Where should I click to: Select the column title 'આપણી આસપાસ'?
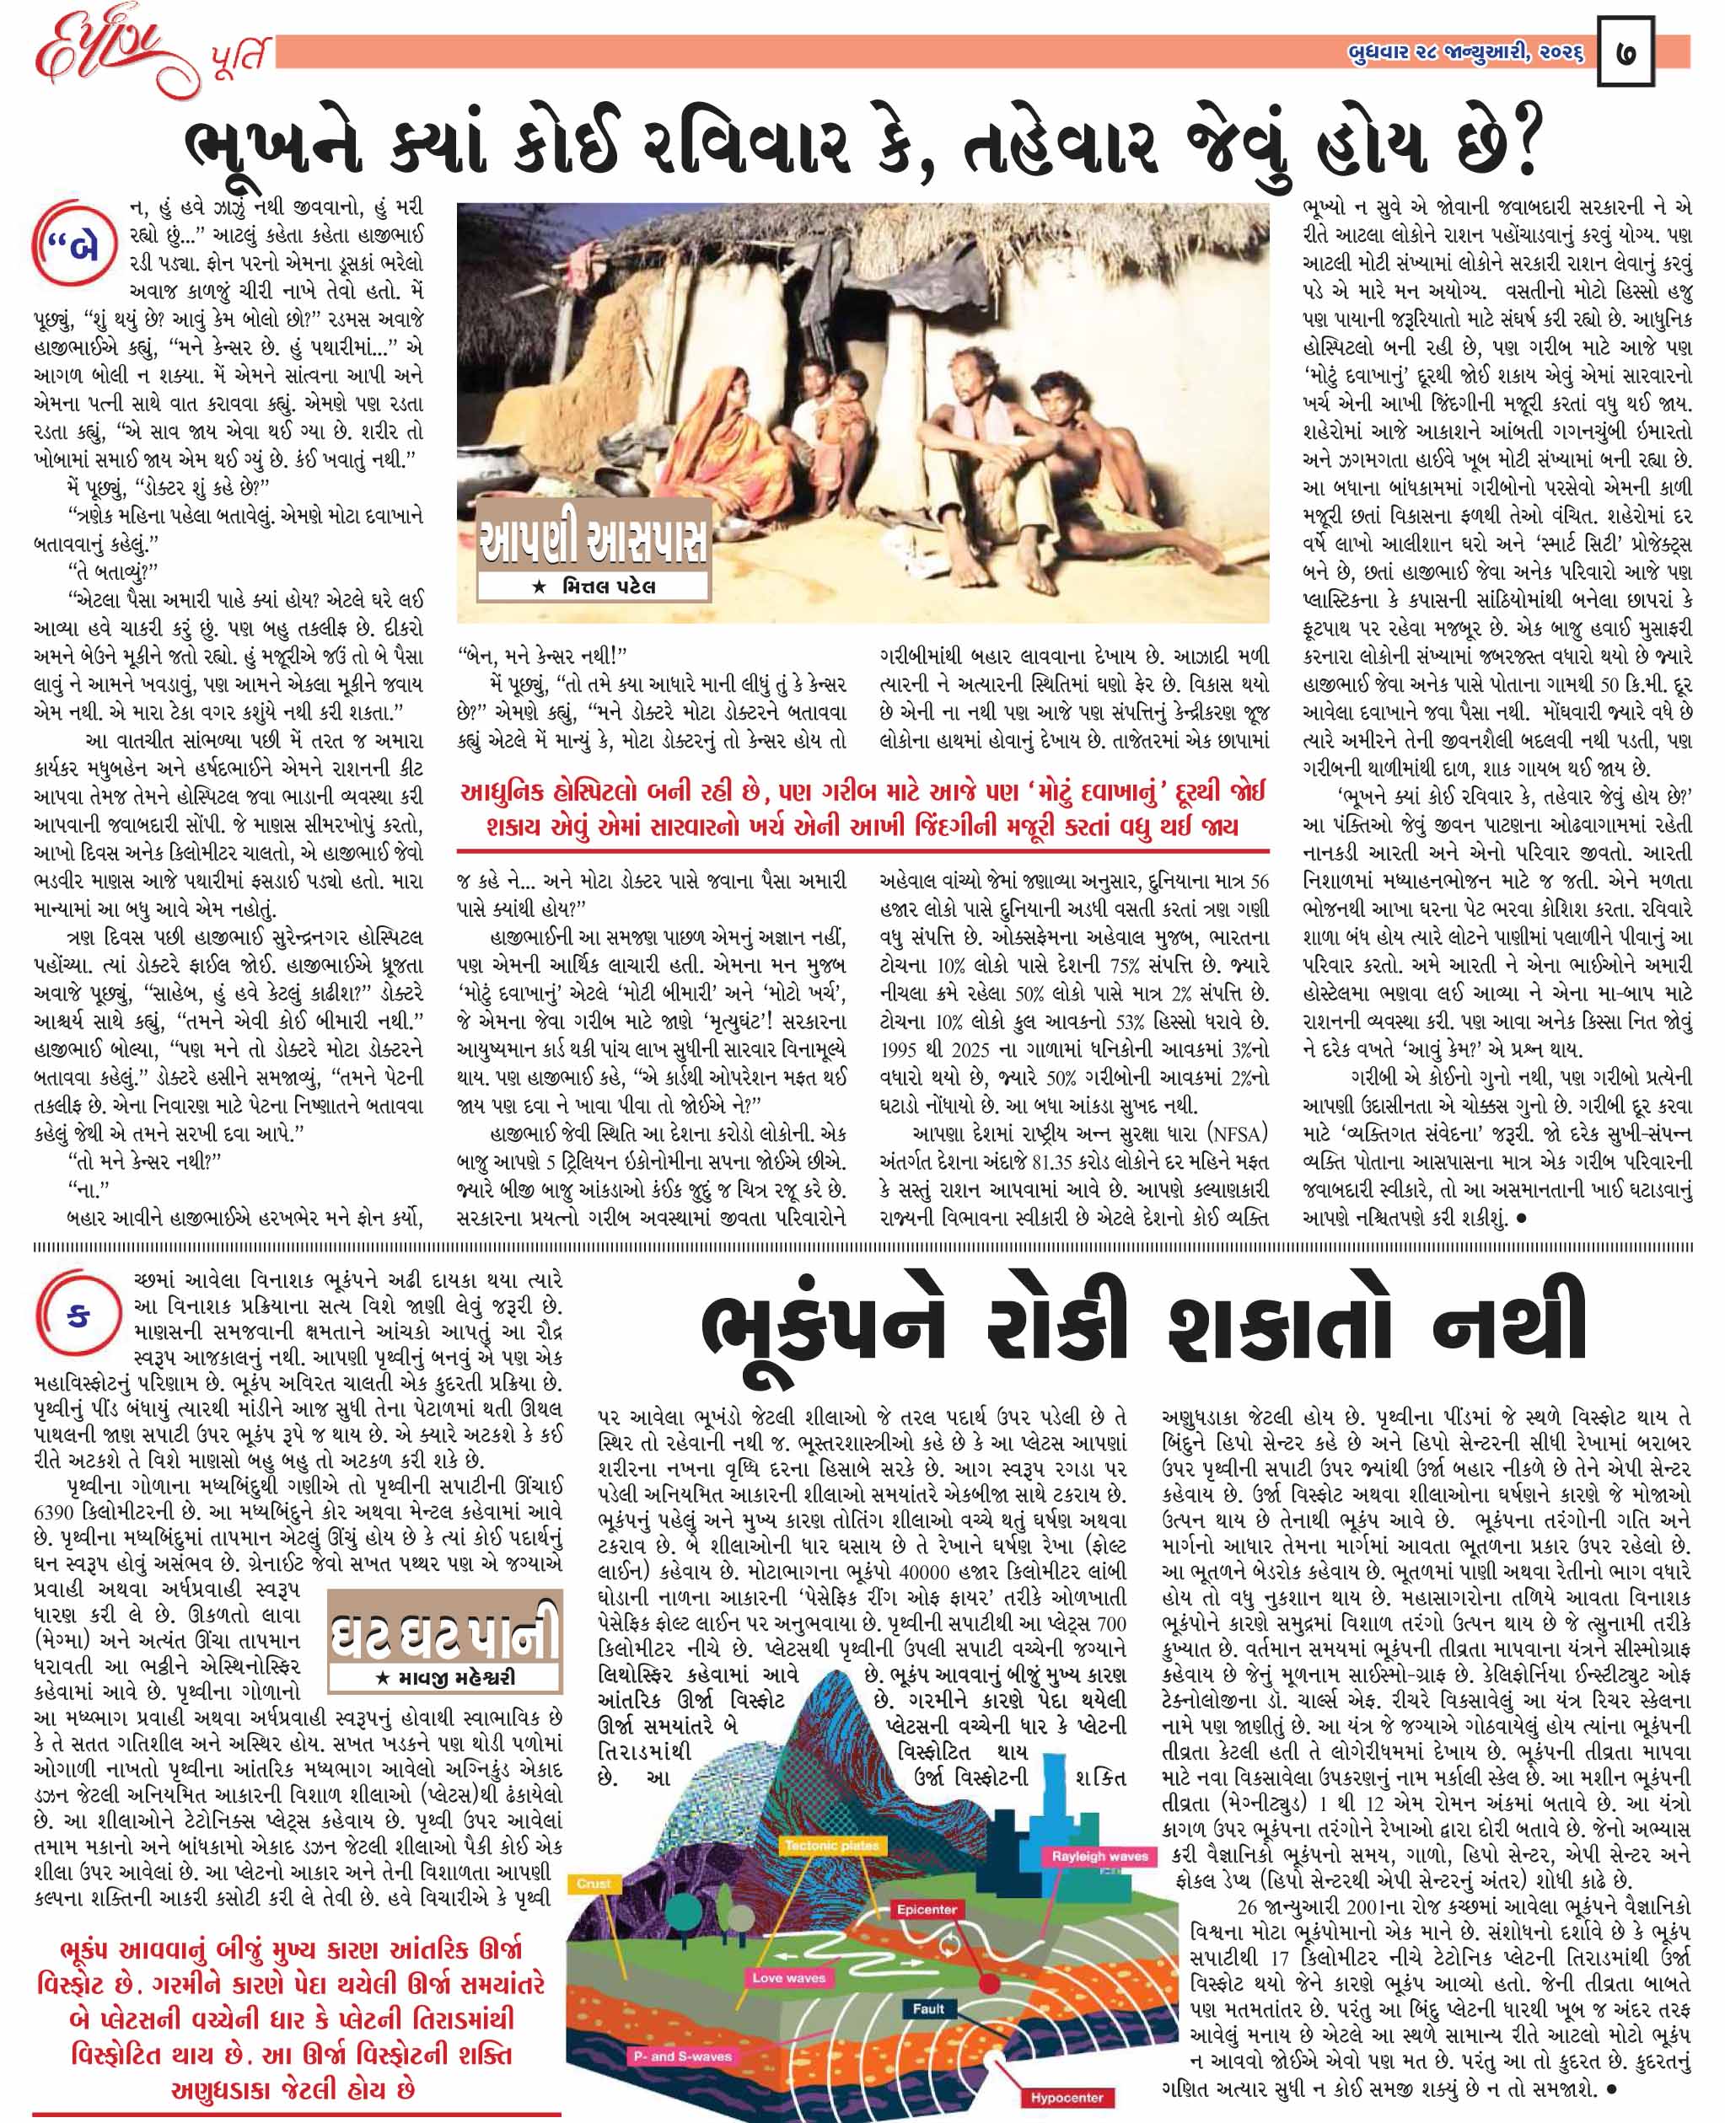[594, 544]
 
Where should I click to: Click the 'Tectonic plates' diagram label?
[831, 1846]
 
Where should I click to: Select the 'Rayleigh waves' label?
[1099, 1856]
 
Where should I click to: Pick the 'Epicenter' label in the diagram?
[926, 1910]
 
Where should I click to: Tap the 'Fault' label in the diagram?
[928, 2008]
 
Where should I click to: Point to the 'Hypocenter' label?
[1067, 2097]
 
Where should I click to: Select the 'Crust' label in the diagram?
[594, 1884]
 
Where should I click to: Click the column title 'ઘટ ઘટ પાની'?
[445, 1635]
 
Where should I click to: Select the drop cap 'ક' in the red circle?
[78, 1317]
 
